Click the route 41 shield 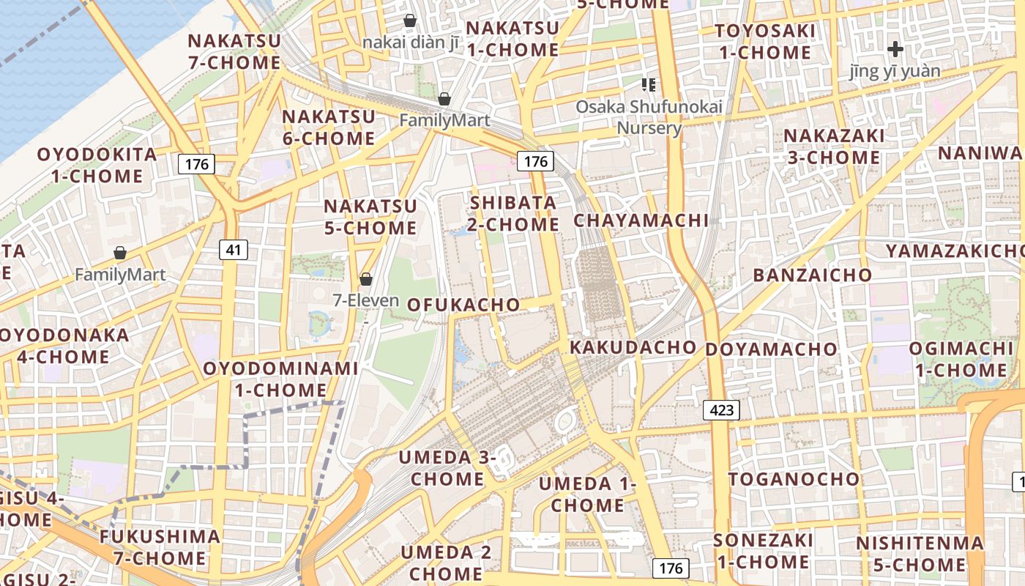pos(233,250)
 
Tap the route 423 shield pos(721,409)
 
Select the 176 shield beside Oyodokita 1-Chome pos(196,163)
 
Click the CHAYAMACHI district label pos(641,220)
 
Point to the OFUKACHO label pos(463,305)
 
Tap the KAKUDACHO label pos(633,347)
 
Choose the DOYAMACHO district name pos(771,349)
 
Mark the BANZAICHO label pos(813,275)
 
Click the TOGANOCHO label pos(794,479)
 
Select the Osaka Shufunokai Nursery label pos(649,117)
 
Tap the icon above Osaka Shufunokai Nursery pos(648,85)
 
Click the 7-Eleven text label pos(365,300)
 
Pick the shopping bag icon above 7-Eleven pos(365,279)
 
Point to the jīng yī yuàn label pos(895,71)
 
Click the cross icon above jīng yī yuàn pos(895,49)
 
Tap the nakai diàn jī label pos(410,42)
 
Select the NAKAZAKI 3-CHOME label pos(833,146)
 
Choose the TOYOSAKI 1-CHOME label pos(764,42)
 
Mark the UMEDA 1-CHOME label pos(587,494)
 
